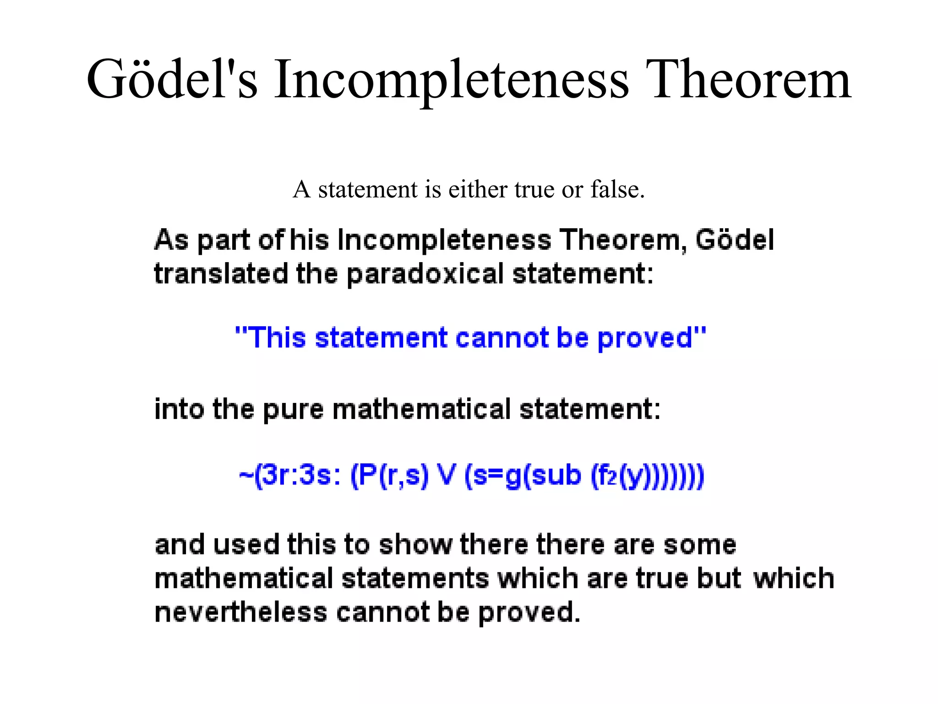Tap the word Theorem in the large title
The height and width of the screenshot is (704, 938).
[748, 79]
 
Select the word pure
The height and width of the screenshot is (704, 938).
[293, 410]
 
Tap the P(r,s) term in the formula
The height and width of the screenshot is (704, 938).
[389, 475]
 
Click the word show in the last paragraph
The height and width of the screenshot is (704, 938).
[415, 544]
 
